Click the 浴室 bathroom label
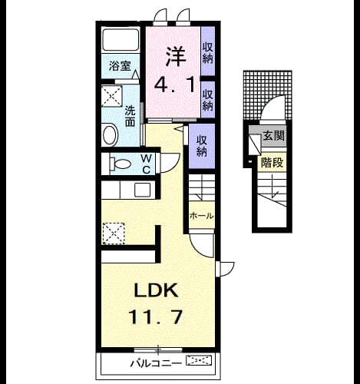point(120,66)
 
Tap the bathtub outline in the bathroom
point(121,40)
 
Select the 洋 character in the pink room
point(176,56)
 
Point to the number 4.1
point(176,85)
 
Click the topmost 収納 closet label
point(208,53)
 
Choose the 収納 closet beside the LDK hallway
point(202,146)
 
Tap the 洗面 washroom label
point(130,117)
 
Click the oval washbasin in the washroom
point(111,135)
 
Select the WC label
point(146,164)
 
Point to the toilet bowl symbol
point(120,164)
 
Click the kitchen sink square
point(143,190)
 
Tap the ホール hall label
point(201,216)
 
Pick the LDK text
point(156,290)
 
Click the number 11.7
point(156,316)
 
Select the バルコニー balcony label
point(156,363)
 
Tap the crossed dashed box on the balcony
point(199,360)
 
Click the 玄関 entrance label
point(274,136)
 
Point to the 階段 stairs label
point(272,163)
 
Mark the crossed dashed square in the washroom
point(112,96)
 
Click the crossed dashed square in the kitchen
point(114,233)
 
